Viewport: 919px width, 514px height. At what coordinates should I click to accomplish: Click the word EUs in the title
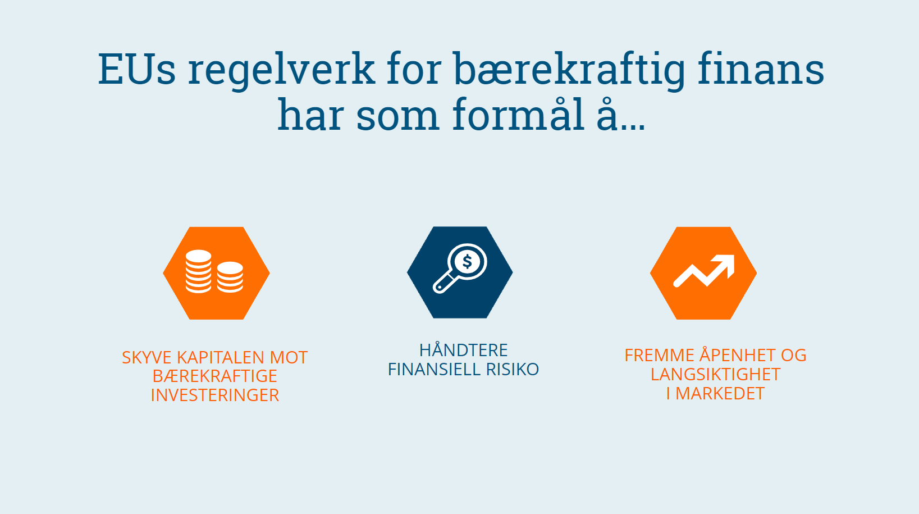click(137, 69)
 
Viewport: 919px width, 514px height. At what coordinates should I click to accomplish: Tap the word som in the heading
click(398, 117)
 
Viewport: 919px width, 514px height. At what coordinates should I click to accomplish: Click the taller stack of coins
click(199, 271)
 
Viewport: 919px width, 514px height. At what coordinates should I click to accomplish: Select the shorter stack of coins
click(230, 277)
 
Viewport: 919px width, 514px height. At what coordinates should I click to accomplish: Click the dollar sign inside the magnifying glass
click(467, 262)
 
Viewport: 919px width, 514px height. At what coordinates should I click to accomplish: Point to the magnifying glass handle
click(444, 283)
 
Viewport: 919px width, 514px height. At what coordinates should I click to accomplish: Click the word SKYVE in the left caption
click(147, 358)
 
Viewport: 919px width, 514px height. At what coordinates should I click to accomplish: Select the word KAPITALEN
click(220, 358)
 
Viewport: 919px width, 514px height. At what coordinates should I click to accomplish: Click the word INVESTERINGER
click(215, 395)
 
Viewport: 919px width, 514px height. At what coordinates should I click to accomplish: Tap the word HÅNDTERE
click(464, 350)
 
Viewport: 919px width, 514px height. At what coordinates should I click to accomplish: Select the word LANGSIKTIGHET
click(716, 375)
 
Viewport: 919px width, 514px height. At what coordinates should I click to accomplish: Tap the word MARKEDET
click(720, 394)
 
